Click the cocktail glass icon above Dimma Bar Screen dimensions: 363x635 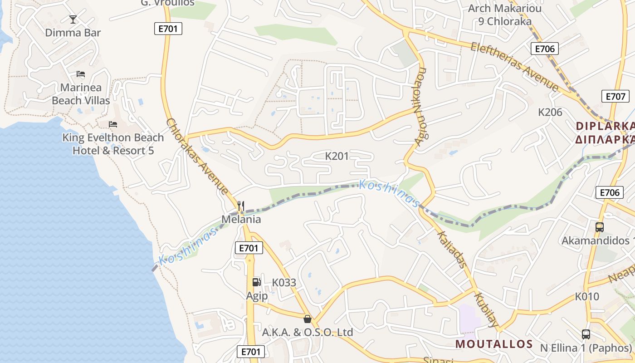click(73, 19)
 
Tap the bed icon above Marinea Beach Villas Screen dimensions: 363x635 click(81, 74)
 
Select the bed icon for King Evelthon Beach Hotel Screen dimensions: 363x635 click(113, 124)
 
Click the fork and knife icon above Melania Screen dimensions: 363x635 click(241, 206)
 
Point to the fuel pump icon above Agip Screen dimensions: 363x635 click(256, 282)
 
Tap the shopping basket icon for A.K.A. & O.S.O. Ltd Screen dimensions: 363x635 click(308, 319)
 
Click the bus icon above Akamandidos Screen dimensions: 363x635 click(599, 227)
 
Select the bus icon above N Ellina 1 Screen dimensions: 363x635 click(586, 334)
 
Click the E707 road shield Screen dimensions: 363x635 click(615, 96)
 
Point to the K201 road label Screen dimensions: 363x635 click(337, 156)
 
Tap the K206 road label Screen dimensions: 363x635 click(550, 112)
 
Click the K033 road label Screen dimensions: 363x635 click(284, 283)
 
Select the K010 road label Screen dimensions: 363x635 click(587, 297)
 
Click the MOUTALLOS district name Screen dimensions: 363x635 click(494, 344)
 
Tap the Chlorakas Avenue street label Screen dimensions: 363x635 click(197, 157)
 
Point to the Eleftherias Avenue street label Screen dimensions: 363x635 click(514, 66)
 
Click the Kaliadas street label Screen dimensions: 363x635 click(451, 249)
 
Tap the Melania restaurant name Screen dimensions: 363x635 click(241, 220)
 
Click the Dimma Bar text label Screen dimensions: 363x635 click(73, 33)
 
